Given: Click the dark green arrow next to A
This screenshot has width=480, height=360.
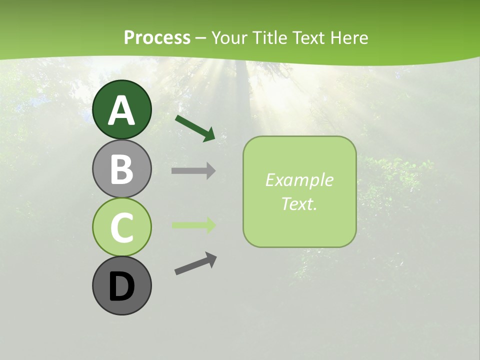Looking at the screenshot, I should pyautogui.click(x=195, y=127).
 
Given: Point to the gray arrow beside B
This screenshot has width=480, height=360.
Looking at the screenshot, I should pyautogui.click(x=193, y=171).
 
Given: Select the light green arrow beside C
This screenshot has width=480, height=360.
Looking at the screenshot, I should pyautogui.click(x=193, y=225).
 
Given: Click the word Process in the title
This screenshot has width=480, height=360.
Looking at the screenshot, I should pyautogui.click(x=157, y=37).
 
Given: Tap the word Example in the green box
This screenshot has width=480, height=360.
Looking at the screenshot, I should pyautogui.click(x=299, y=180).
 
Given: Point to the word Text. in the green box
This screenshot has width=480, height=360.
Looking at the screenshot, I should pyautogui.click(x=299, y=203).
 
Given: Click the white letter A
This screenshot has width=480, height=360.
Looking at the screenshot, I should pyautogui.click(x=121, y=110).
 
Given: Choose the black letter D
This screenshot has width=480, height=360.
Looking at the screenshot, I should pyautogui.click(x=121, y=287).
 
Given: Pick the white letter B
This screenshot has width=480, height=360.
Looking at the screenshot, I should pyautogui.click(x=121, y=169).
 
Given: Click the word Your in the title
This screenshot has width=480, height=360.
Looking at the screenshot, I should pyautogui.click(x=228, y=37).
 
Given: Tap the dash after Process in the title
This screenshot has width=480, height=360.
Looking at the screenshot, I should pyautogui.click(x=200, y=38).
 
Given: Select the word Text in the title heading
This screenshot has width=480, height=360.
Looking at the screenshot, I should pyautogui.click(x=309, y=37).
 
